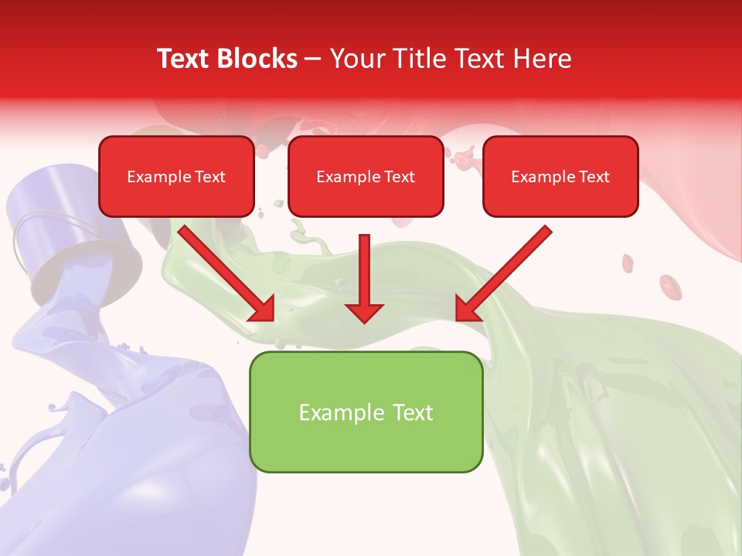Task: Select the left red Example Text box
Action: click(176, 177)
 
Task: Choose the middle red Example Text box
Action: click(366, 177)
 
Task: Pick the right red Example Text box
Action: click(560, 177)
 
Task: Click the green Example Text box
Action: click(366, 412)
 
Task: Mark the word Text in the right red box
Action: click(594, 177)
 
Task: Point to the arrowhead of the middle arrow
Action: click(364, 311)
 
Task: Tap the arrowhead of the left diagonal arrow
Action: click(262, 308)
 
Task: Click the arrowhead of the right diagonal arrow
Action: click(468, 308)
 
